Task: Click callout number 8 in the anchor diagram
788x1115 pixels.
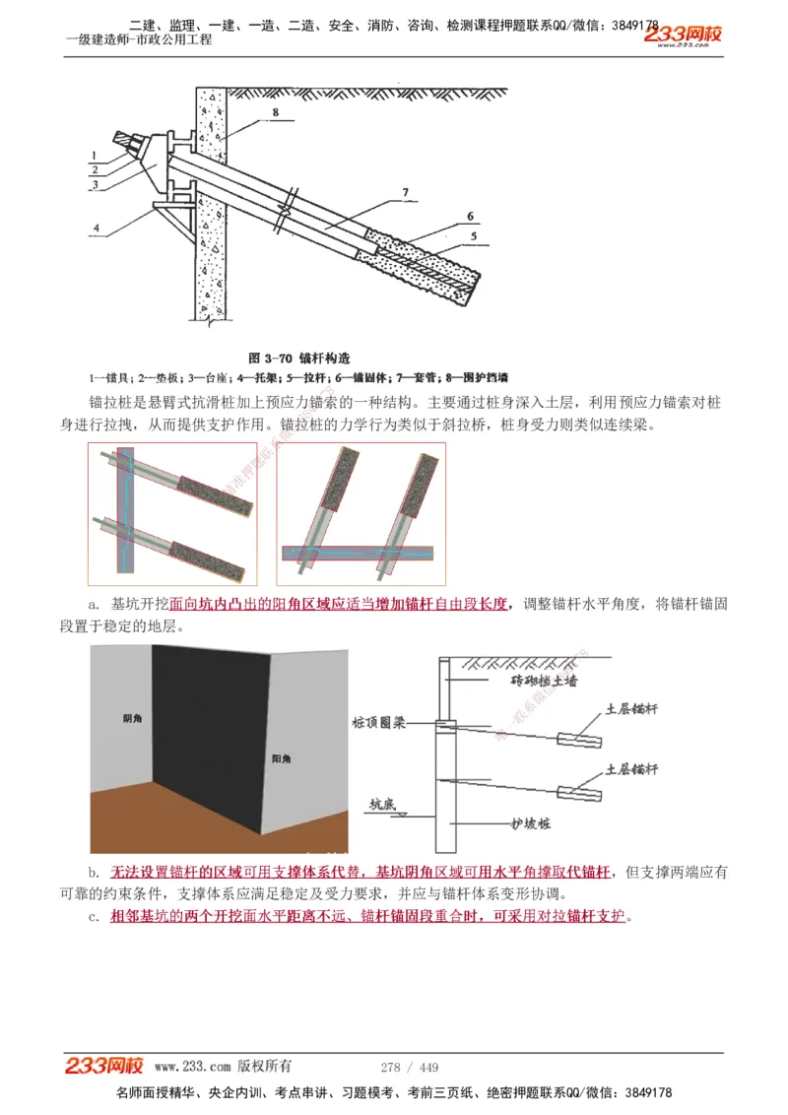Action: [x=275, y=112]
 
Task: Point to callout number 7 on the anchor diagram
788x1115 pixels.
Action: [x=404, y=191]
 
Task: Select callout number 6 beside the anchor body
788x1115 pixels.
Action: [x=470, y=216]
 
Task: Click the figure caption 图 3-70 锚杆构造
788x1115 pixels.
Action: [x=299, y=358]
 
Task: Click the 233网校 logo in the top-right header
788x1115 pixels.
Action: [x=684, y=35]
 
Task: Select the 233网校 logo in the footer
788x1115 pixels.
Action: [x=104, y=1066]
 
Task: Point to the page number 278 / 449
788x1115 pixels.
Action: [x=409, y=1067]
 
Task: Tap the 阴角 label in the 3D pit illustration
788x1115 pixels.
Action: [x=133, y=720]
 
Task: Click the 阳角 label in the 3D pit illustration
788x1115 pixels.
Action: [x=281, y=758]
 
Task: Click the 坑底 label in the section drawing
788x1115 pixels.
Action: [x=382, y=804]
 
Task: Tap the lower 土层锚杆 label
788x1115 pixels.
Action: [x=631, y=768]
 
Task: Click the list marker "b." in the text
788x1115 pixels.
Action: [x=94, y=873]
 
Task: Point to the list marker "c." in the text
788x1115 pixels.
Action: [x=94, y=916]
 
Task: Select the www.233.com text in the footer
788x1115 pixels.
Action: [x=193, y=1067]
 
